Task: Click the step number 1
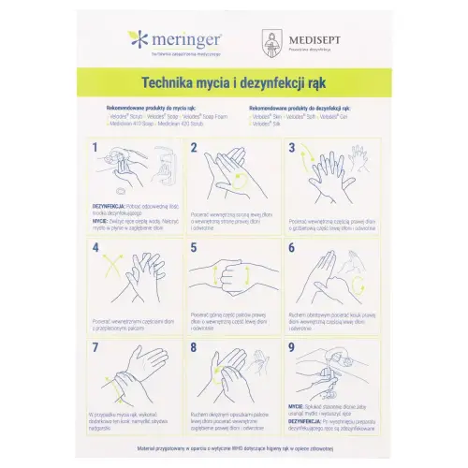96,148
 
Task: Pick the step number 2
194,148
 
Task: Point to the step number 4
96,248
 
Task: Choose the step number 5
194,248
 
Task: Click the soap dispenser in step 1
163,168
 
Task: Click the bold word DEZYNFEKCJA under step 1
110,201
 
